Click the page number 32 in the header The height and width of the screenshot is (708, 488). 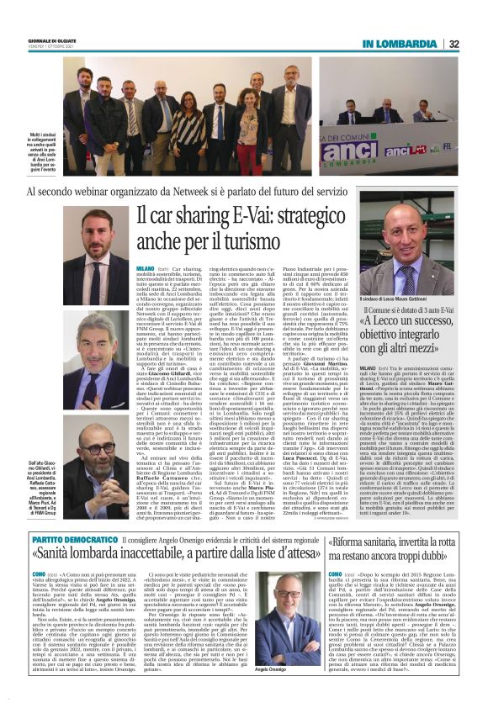pyautogui.click(x=454, y=45)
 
